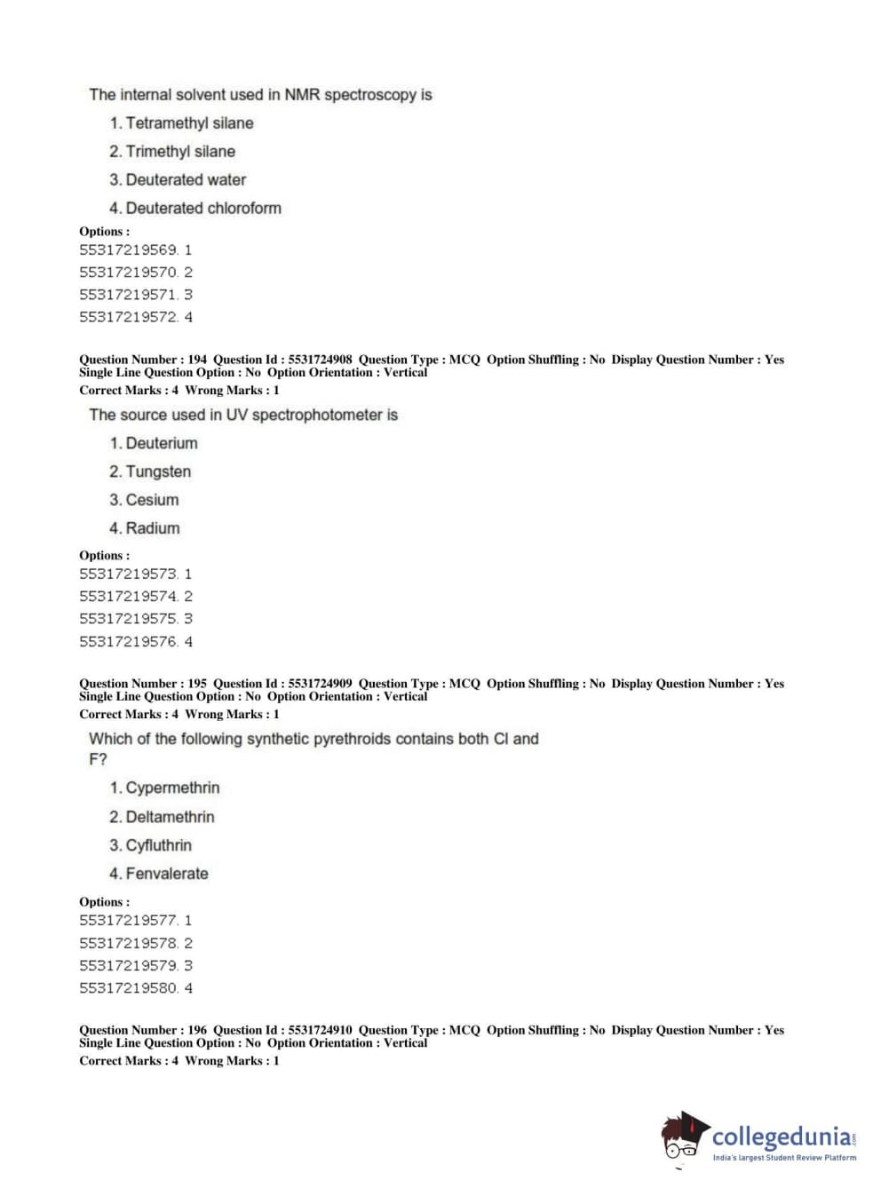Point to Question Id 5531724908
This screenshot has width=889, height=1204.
(x=320, y=360)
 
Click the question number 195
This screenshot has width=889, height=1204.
(x=197, y=684)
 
